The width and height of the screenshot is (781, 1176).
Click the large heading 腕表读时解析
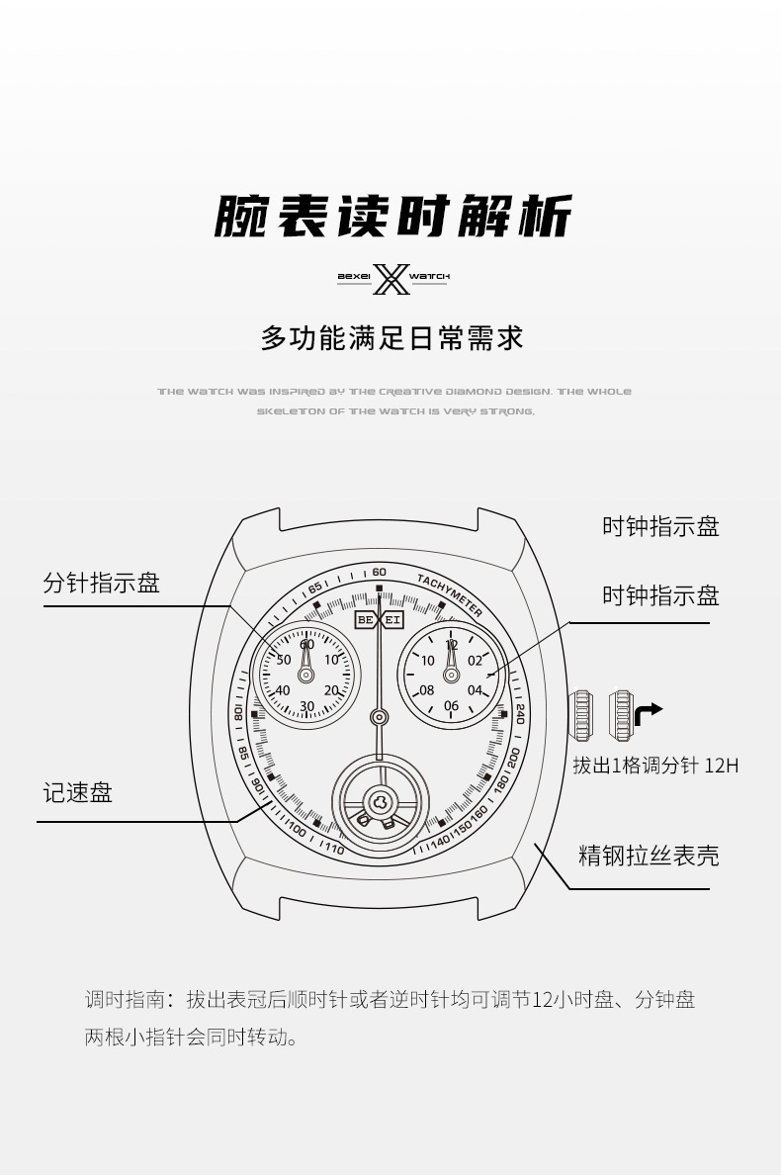(x=392, y=215)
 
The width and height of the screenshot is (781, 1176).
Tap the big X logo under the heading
(x=390, y=278)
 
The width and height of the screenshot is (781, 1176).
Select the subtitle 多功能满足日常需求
(x=391, y=337)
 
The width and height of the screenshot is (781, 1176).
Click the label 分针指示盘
(x=101, y=583)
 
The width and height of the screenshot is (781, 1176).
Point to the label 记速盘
(x=77, y=792)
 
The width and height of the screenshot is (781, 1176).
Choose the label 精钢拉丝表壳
(x=648, y=856)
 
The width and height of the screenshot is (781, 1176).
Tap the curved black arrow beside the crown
(x=648, y=712)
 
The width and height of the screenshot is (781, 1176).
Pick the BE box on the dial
(x=367, y=620)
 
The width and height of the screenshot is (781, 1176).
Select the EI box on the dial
(x=392, y=620)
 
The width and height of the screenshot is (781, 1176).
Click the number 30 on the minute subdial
(x=306, y=706)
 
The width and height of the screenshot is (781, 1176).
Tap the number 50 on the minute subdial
(x=284, y=660)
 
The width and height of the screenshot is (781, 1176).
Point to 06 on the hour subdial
(x=451, y=706)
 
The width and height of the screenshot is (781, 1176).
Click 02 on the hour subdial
(x=476, y=661)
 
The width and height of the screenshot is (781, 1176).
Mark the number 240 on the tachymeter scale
(x=520, y=714)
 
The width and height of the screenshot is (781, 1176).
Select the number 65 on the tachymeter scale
(x=315, y=588)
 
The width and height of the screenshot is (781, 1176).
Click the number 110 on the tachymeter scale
(x=333, y=849)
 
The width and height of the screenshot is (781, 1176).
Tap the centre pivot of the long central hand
(x=379, y=716)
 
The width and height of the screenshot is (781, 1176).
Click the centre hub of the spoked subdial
(x=379, y=800)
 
